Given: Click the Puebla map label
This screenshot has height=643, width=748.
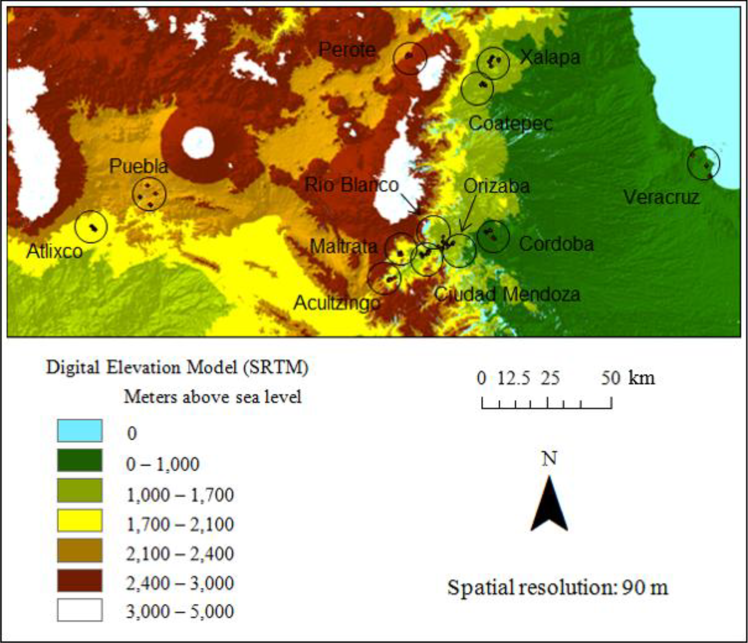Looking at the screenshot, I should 139,166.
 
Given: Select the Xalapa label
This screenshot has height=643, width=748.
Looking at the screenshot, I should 550,57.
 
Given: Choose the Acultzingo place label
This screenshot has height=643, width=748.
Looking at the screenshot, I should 337,303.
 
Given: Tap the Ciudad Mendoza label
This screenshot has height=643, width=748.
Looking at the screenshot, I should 507,294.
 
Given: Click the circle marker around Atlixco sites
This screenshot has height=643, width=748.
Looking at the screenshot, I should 91,227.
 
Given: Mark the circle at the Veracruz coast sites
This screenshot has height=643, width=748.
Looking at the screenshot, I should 703,163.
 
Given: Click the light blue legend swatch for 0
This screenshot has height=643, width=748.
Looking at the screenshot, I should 80,430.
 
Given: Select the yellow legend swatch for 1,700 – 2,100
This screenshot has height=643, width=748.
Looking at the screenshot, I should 80,520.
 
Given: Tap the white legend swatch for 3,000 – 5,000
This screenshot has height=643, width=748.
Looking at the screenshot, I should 80,610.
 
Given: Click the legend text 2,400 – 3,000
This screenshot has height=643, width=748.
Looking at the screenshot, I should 180,583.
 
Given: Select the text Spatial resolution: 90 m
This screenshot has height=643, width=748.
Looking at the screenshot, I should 558,587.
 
